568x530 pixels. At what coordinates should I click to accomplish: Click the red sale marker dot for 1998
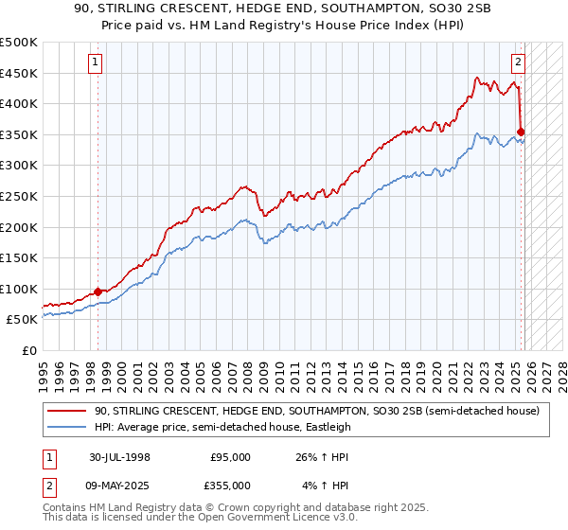pyautogui.click(x=98, y=291)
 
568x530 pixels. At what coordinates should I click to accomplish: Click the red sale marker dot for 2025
pyautogui.click(x=522, y=132)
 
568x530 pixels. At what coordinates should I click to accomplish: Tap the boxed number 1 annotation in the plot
pyautogui.click(x=97, y=63)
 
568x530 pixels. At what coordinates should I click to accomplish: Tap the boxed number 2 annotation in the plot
pyautogui.click(x=519, y=63)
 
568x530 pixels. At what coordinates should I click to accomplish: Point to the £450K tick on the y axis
pyautogui.click(x=21, y=73)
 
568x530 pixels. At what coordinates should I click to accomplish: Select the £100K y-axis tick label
pyautogui.click(x=21, y=289)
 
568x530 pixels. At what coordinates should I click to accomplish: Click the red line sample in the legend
pyautogui.click(x=68, y=411)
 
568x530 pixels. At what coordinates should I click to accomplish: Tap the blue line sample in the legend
pyautogui.click(x=68, y=427)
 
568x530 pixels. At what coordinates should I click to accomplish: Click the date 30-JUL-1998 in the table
pyautogui.click(x=118, y=456)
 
